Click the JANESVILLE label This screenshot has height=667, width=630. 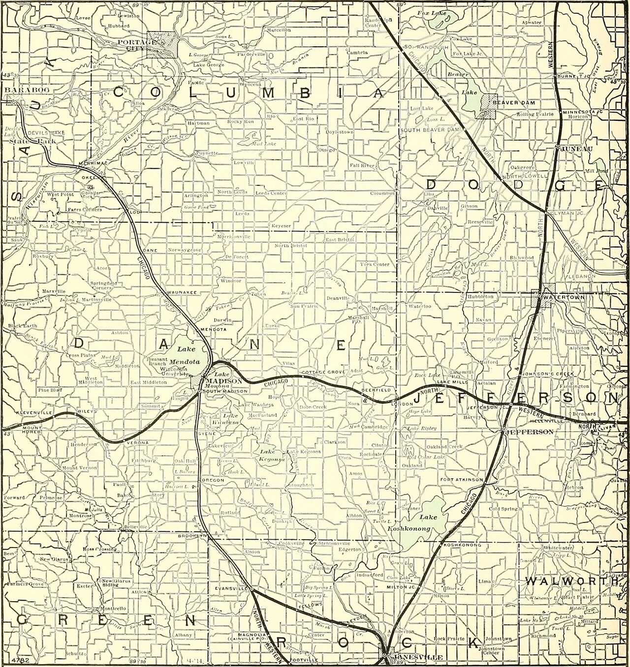point(414,657)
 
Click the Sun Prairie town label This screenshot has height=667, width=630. point(304,306)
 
